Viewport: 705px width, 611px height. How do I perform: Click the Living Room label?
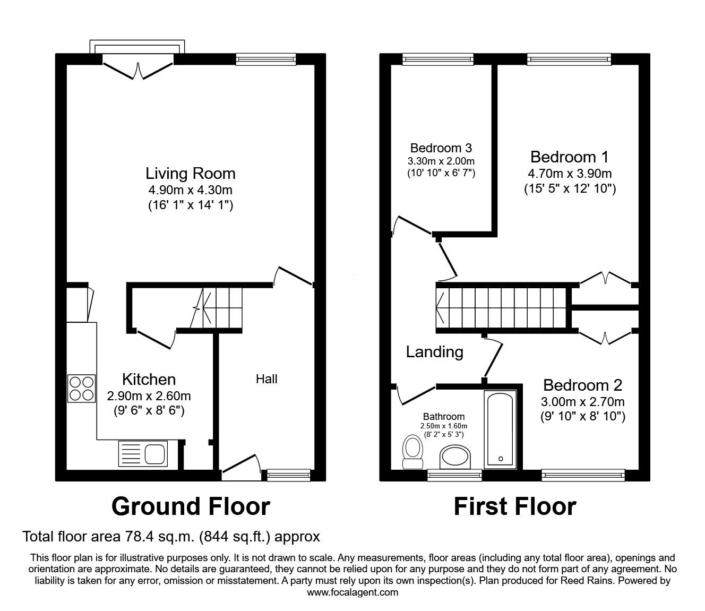click(x=191, y=173)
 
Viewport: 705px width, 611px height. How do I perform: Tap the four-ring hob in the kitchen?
click(x=82, y=389)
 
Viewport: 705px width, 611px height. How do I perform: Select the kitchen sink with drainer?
click(x=143, y=454)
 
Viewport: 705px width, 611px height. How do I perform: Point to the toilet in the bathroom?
click(x=412, y=452)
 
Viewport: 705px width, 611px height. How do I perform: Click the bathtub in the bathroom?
click(x=501, y=429)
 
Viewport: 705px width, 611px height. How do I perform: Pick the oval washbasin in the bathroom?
click(x=455, y=457)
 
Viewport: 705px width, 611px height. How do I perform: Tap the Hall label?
click(x=266, y=379)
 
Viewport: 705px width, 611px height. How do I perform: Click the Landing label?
click(x=435, y=352)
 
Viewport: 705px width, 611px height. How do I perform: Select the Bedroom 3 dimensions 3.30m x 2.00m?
click(x=441, y=161)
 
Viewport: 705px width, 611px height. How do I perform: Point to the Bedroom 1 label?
click(x=570, y=157)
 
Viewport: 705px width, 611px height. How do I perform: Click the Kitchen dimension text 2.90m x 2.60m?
click(x=149, y=396)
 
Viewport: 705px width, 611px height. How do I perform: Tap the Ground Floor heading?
click(x=191, y=507)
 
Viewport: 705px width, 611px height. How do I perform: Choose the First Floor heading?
click(x=515, y=507)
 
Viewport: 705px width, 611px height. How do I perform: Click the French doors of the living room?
click(x=138, y=71)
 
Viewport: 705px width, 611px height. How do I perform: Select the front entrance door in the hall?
click(x=242, y=467)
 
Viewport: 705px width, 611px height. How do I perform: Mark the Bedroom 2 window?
click(x=583, y=475)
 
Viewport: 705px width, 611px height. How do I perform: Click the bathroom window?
click(x=454, y=475)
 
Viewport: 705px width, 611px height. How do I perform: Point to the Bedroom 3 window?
click(x=438, y=59)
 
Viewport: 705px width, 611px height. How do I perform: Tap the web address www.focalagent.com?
click(x=353, y=592)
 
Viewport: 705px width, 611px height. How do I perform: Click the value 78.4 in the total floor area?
click(x=136, y=537)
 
